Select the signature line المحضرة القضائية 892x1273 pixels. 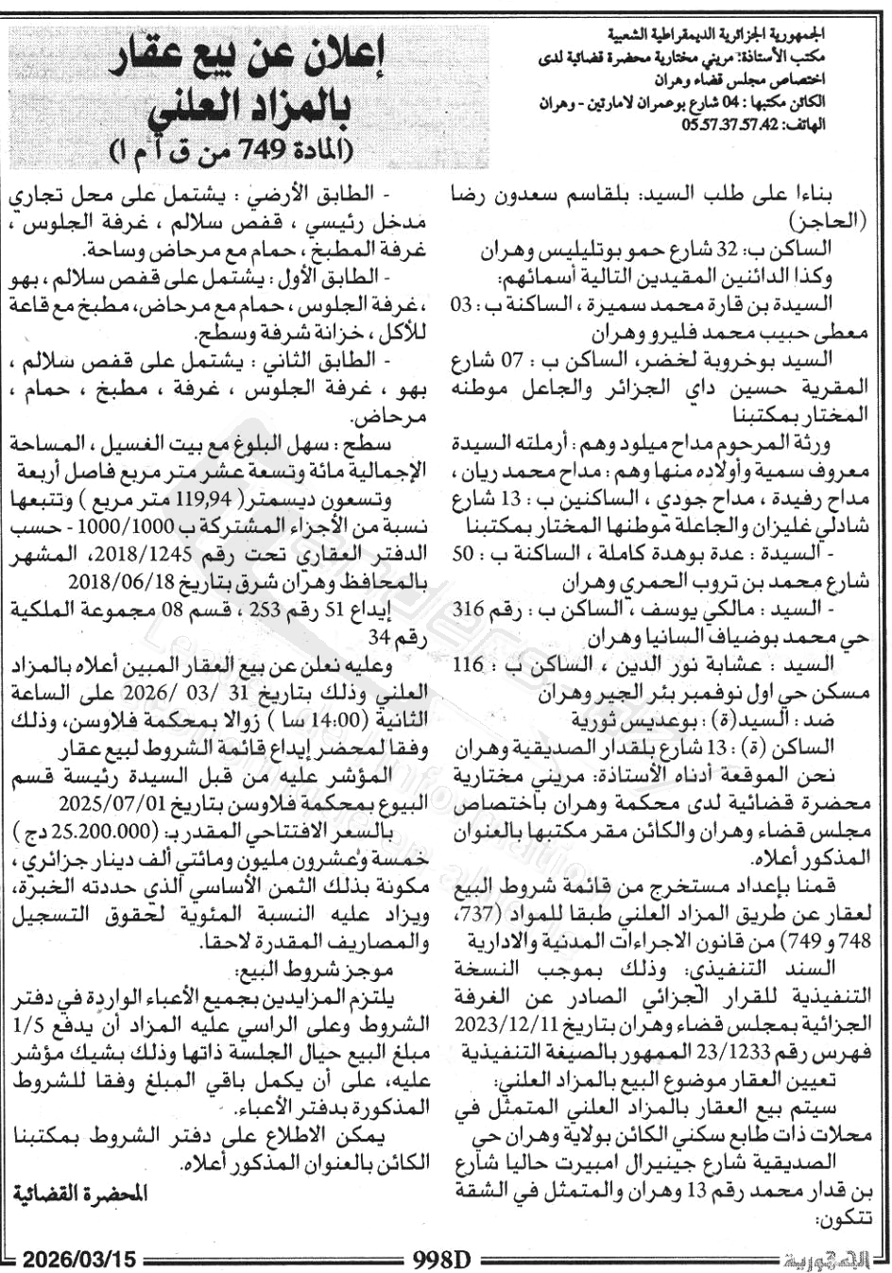(x=80, y=1193)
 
